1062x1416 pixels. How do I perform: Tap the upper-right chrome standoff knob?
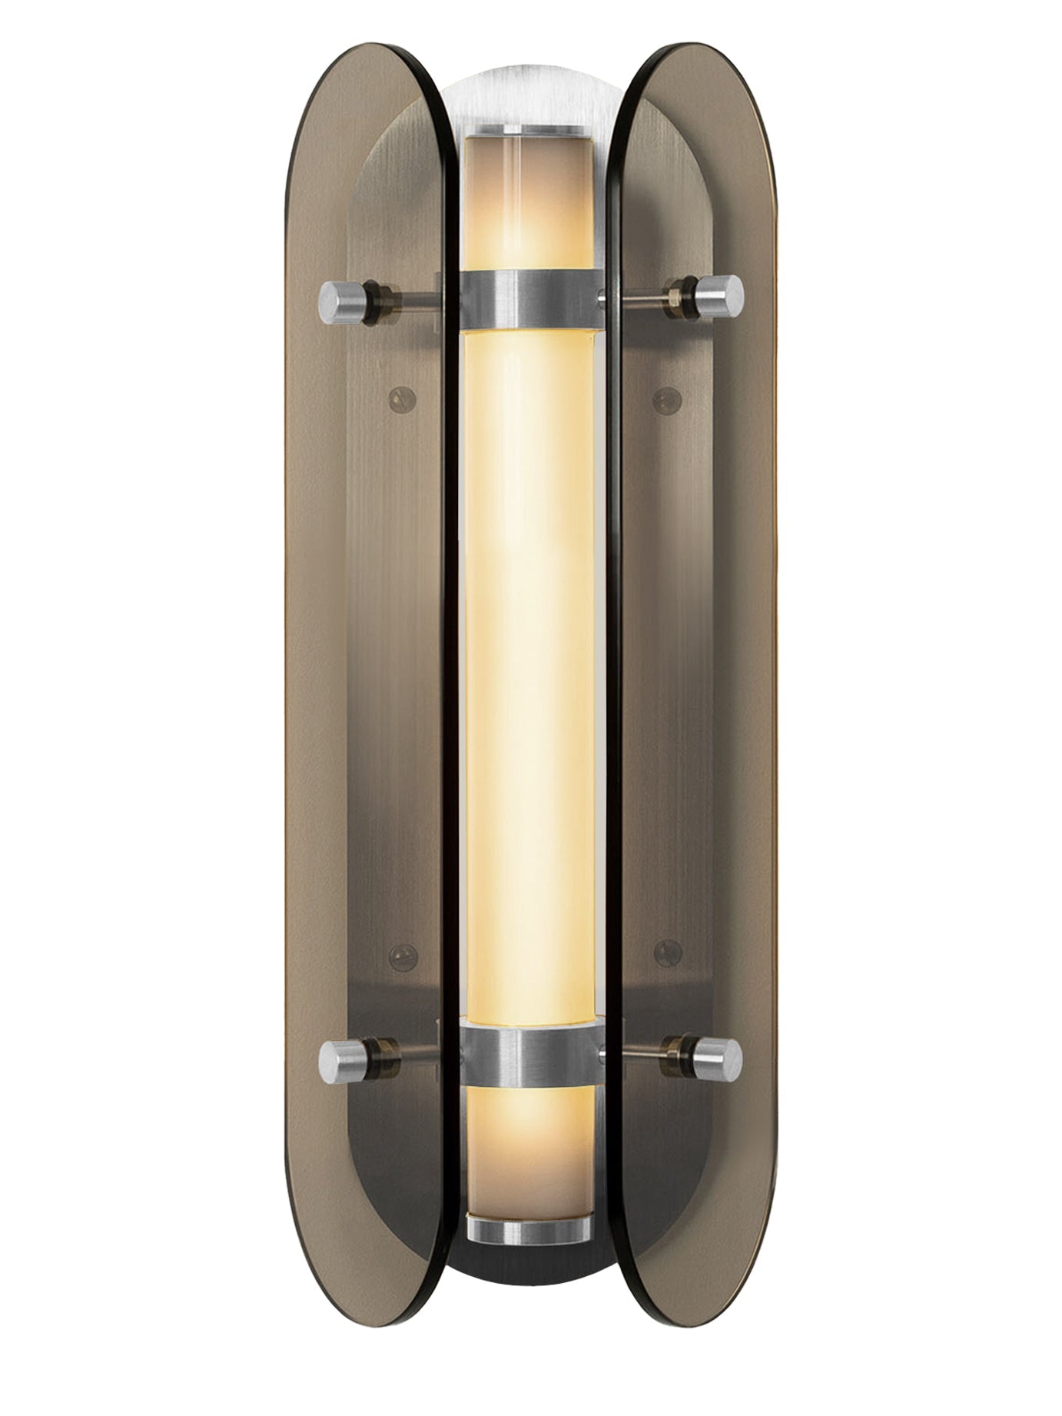pos(723,295)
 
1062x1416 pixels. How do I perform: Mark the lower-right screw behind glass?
pos(667,952)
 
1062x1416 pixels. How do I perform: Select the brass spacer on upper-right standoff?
pos(679,294)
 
